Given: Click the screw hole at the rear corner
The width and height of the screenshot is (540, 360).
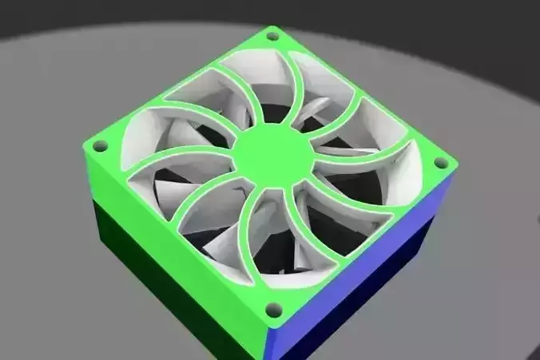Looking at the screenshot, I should click(x=272, y=36).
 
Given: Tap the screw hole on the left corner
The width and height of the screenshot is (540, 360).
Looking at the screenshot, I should click(x=101, y=145).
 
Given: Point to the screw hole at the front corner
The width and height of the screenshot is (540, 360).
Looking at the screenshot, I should click(x=272, y=308).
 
